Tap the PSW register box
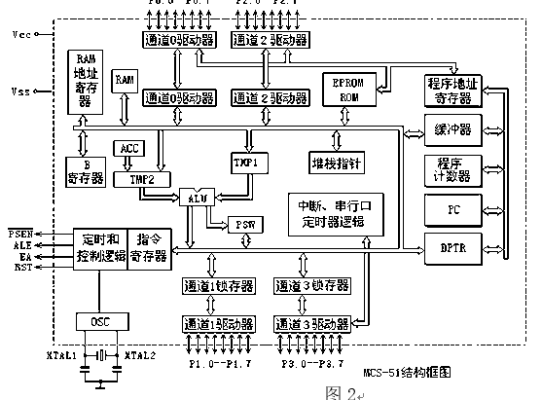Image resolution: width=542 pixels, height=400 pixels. click(x=242, y=225)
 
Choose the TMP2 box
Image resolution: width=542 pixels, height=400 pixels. click(x=129, y=180)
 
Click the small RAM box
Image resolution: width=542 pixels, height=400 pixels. click(x=125, y=81)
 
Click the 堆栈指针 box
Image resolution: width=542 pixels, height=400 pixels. click(x=335, y=164)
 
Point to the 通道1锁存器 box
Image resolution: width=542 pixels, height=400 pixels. click(x=217, y=286)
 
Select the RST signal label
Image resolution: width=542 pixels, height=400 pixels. click(x=22, y=264)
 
